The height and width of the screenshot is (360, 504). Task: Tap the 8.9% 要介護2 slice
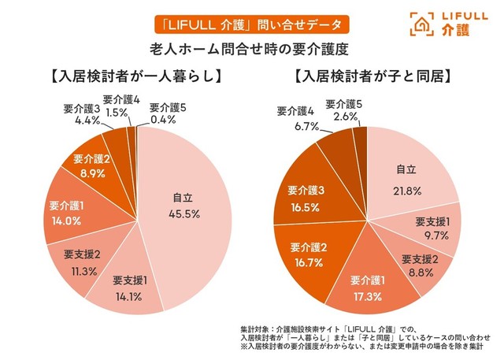pyautogui.click(x=90, y=166)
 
